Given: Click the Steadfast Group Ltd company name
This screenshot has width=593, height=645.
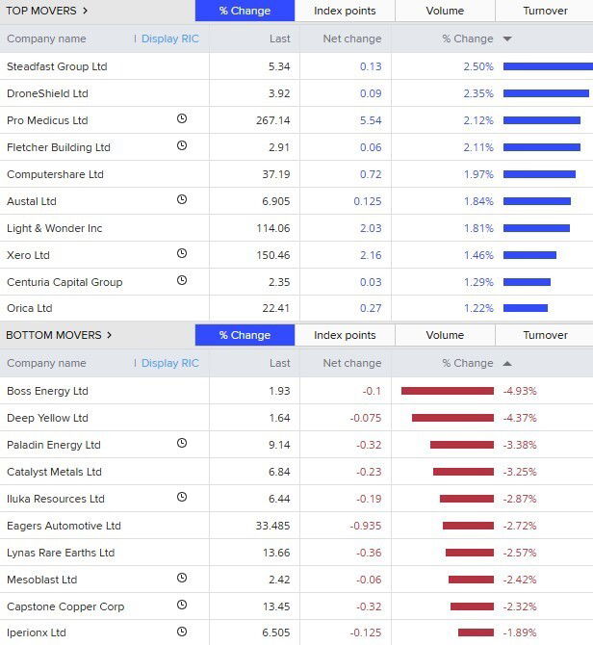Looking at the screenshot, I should point(57,66).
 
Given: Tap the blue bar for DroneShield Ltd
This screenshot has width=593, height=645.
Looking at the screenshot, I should point(546,93).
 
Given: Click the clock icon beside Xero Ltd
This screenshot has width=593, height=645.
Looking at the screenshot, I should point(182,254).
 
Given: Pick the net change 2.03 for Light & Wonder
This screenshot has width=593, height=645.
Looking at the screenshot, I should point(369,228).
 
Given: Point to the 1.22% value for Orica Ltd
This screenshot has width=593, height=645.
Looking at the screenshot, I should point(478,308).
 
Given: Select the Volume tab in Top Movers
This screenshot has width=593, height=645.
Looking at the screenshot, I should point(445,11).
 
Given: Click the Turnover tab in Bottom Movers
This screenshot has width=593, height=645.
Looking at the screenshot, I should point(545,335).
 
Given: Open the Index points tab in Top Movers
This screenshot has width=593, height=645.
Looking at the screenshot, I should point(345,11).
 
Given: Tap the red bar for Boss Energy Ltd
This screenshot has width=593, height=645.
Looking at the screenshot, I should point(448,391).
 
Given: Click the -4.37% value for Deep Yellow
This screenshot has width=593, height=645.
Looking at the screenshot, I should point(520,418).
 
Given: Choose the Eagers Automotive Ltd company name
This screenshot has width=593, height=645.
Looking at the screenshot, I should point(64,526).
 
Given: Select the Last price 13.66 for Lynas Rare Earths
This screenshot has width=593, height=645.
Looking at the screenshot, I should point(276,553).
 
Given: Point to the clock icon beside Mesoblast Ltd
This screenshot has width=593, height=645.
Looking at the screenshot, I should point(182,579).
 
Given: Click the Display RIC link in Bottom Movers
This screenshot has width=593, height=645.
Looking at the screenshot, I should point(169,363).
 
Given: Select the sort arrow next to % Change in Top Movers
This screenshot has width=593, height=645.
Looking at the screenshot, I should point(507,39).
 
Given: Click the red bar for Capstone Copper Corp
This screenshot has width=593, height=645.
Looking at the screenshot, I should point(472,606).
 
